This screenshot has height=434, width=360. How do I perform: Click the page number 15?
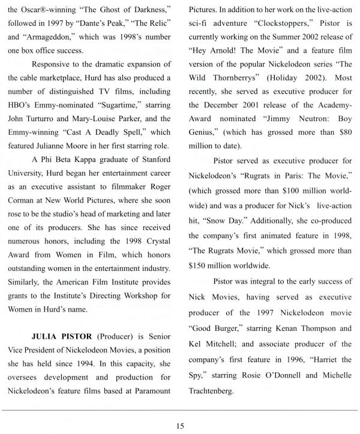click(x=180, y=426)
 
